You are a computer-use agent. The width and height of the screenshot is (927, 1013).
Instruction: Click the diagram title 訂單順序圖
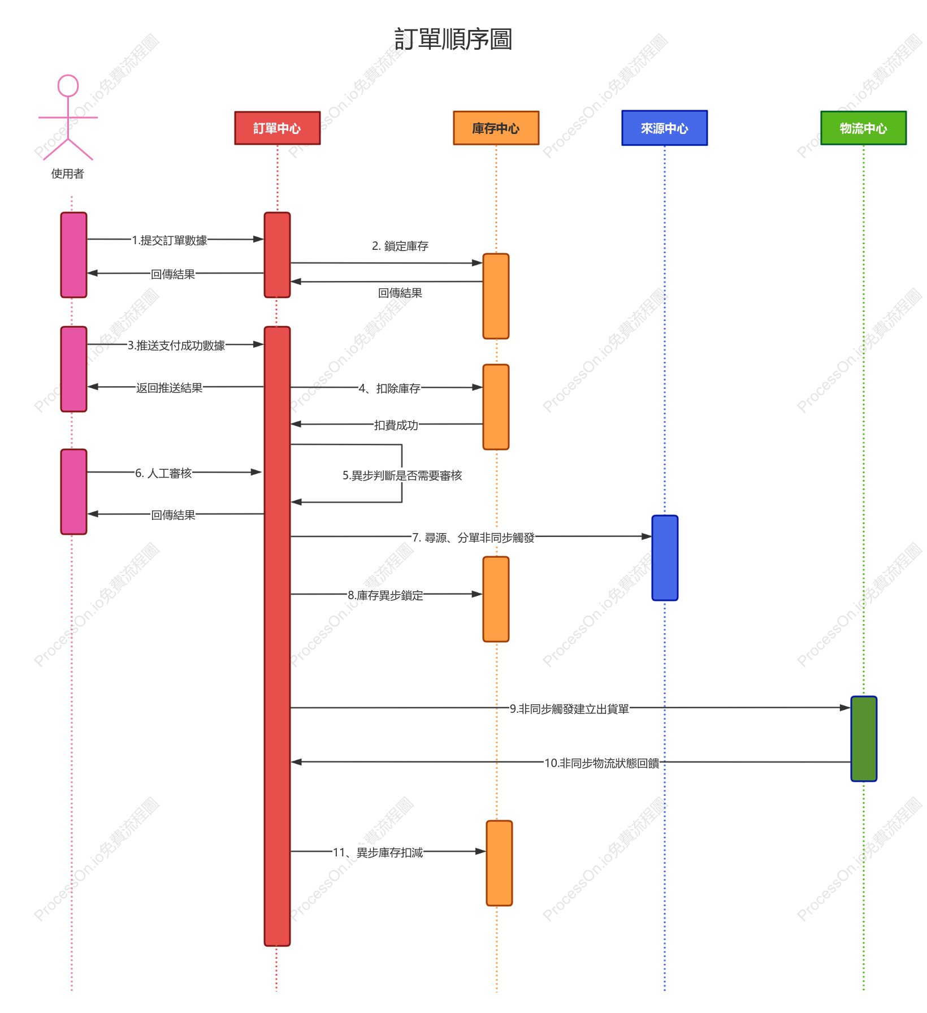[453, 40]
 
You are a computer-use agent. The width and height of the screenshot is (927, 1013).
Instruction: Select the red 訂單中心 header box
[278, 128]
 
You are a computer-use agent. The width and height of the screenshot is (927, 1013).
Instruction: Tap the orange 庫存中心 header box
[496, 128]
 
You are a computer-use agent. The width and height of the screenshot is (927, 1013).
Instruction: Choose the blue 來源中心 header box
[665, 128]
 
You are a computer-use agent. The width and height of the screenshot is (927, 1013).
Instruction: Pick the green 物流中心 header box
[864, 128]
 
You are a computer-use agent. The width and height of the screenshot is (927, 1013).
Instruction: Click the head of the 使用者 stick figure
[68, 86]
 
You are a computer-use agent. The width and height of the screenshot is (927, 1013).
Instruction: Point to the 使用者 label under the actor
[68, 174]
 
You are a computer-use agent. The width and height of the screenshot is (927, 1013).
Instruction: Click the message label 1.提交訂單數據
[170, 240]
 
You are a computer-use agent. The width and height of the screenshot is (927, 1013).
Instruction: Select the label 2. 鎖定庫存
[400, 246]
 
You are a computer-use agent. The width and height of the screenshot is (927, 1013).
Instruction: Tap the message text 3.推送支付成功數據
[176, 345]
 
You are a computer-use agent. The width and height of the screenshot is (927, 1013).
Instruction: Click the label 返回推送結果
[170, 388]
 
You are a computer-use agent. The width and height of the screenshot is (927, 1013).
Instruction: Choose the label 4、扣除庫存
[389, 388]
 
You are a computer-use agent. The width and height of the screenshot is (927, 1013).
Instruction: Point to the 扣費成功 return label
[396, 425]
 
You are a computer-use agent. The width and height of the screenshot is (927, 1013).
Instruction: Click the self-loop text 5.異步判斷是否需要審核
[402, 475]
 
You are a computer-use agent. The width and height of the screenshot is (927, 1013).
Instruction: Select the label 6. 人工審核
[164, 473]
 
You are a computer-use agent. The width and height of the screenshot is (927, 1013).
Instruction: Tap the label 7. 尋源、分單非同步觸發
[474, 538]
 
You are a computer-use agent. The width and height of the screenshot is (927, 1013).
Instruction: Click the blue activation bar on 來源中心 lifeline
[665, 558]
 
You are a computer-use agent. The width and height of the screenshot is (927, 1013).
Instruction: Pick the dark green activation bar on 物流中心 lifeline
[864, 739]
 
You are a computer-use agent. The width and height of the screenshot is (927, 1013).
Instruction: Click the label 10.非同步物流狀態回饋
[602, 763]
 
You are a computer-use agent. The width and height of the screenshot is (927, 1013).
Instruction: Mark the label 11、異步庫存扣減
[378, 852]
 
